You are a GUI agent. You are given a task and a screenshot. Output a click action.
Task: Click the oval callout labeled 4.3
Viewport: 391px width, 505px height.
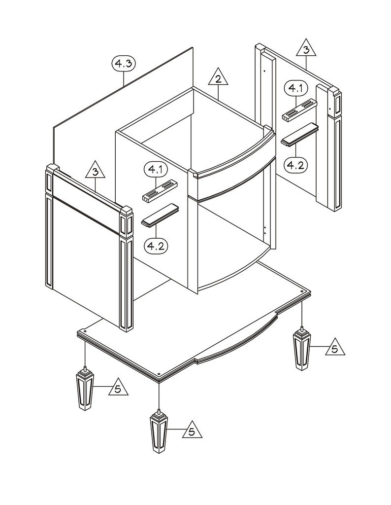click(123, 64)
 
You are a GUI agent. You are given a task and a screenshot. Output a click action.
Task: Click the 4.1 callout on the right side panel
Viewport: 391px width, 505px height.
click(297, 89)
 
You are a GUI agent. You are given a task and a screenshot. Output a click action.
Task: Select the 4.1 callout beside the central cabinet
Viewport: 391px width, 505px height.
click(156, 170)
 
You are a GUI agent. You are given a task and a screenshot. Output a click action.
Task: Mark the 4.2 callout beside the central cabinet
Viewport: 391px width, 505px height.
click(156, 245)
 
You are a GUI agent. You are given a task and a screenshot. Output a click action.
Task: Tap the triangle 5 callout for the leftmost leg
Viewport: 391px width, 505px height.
click(117, 388)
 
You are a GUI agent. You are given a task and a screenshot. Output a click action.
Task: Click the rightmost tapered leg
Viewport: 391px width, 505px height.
click(302, 350)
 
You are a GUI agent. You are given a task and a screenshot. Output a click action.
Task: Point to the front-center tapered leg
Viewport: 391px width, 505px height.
click(159, 433)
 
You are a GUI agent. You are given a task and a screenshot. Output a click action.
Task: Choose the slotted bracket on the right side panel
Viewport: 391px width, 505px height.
click(299, 110)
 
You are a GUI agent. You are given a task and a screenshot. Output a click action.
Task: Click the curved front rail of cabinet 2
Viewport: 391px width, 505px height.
click(231, 163)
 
